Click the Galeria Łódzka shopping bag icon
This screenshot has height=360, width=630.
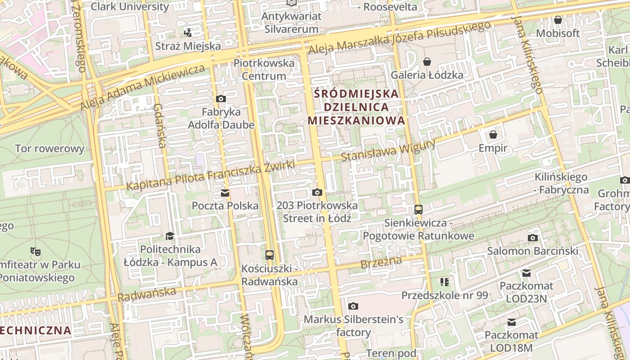click(x=427, y=61)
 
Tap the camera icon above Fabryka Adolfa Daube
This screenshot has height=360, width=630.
click(x=221, y=99)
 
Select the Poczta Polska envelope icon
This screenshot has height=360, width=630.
click(x=225, y=193)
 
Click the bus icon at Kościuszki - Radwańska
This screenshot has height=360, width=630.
click(x=270, y=255)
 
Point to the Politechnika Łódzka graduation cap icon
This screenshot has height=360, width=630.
click(x=170, y=236)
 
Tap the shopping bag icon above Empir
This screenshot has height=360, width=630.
click(x=493, y=135)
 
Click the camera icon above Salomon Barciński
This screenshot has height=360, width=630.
click(x=533, y=238)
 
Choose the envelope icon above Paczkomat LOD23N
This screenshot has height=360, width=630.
click(x=526, y=273)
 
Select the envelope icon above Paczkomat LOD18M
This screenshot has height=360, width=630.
click(x=512, y=322)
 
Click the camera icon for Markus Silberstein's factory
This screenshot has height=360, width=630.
click(x=353, y=306)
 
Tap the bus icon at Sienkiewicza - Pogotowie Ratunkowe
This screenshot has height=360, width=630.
click(x=418, y=209)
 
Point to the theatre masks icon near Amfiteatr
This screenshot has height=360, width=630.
click(x=35, y=251)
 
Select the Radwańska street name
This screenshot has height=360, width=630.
click(x=147, y=294)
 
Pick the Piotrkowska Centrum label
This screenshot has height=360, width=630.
click(x=264, y=69)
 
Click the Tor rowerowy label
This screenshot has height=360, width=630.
click(x=49, y=148)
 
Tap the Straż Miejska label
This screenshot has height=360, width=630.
click(x=188, y=46)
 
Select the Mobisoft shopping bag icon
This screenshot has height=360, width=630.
click(x=558, y=20)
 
